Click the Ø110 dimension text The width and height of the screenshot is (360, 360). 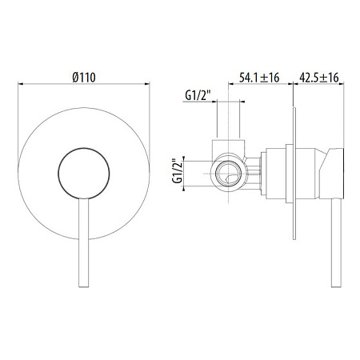coord(84,76)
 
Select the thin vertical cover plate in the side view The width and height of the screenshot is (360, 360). coord(295,173)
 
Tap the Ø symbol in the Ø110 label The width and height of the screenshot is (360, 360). coord(74,76)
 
